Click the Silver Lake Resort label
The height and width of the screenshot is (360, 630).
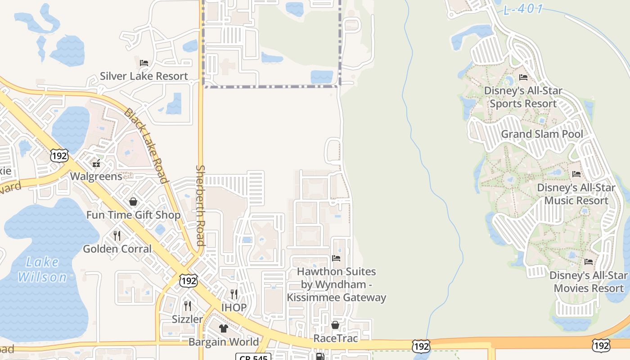point(144,76)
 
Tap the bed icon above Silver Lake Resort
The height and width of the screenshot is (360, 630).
point(144,63)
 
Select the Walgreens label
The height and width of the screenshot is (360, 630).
point(96,176)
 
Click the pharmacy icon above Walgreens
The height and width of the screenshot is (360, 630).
point(96,162)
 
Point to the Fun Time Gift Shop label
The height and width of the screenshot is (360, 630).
point(133,215)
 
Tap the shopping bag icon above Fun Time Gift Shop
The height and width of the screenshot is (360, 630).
point(133,202)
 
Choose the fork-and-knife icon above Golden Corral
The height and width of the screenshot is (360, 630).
point(117,235)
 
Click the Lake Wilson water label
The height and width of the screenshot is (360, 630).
point(42,269)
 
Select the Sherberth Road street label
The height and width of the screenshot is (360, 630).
point(200,205)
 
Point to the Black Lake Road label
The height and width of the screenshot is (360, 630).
point(146,146)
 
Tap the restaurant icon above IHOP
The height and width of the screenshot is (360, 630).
point(234,294)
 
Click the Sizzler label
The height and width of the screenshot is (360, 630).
point(188,319)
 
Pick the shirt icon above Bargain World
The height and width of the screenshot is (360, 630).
point(224,328)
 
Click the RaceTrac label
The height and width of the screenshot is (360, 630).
point(335,338)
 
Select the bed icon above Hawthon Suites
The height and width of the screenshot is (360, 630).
point(336,258)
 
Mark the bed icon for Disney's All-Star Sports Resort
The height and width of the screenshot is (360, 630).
point(523,77)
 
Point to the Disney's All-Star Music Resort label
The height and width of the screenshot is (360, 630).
point(573,193)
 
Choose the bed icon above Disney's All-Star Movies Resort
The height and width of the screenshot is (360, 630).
point(588,261)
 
